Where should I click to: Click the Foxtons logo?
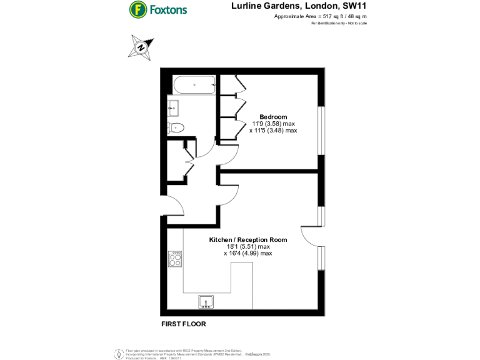[158, 10]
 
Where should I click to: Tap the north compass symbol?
[141, 47]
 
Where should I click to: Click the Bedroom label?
[273, 117]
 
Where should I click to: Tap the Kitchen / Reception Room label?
[247, 239]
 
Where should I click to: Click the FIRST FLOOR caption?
[183, 324]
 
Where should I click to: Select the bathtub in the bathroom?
[194, 84]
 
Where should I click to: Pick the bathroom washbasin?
[173, 107]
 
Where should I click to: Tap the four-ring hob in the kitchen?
[176, 259]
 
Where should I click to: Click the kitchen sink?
[206, 302]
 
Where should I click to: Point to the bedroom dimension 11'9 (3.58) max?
[273, 124]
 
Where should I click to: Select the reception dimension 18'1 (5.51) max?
[248, 246]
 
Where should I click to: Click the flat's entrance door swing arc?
[176, 206]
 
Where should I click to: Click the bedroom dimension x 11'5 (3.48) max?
[273, 131]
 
